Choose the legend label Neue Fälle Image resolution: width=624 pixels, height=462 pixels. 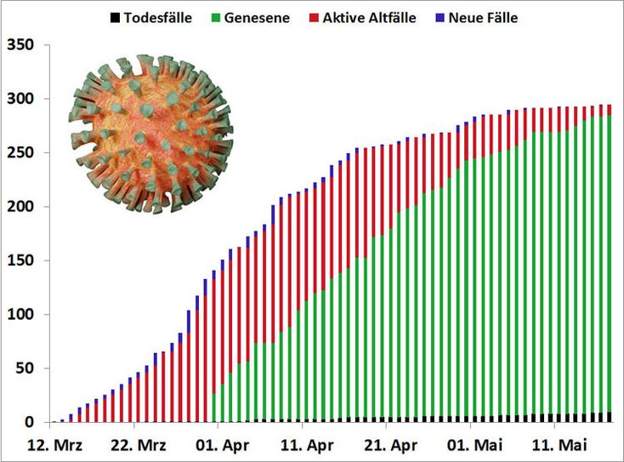click(x=483, y=17)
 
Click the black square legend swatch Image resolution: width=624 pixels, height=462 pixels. click(x=114, y=17)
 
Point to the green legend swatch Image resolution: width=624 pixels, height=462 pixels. click(x=217, y=17)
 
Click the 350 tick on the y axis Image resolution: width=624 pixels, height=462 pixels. click(x=20, y=45)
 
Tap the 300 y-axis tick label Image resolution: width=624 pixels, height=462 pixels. click(x=20, y=99)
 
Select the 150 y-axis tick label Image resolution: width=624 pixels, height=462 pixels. click(x=20, y=260)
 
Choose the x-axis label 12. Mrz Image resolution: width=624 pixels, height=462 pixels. click(x=54, y=445)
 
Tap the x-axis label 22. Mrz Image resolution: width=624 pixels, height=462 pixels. click(x=137, y=445)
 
